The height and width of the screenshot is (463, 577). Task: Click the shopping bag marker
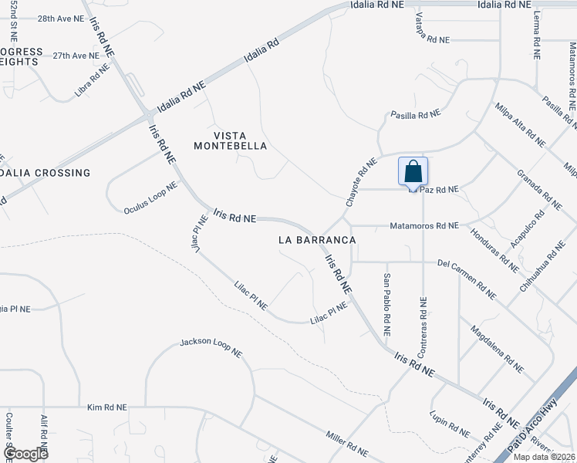(x=413, y=171)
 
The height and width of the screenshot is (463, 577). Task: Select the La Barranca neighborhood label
(x=317, y=240)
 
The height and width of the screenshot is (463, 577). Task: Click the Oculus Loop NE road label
(x=150, y=198)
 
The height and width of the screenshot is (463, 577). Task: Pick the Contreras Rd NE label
(x=422, y=328)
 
